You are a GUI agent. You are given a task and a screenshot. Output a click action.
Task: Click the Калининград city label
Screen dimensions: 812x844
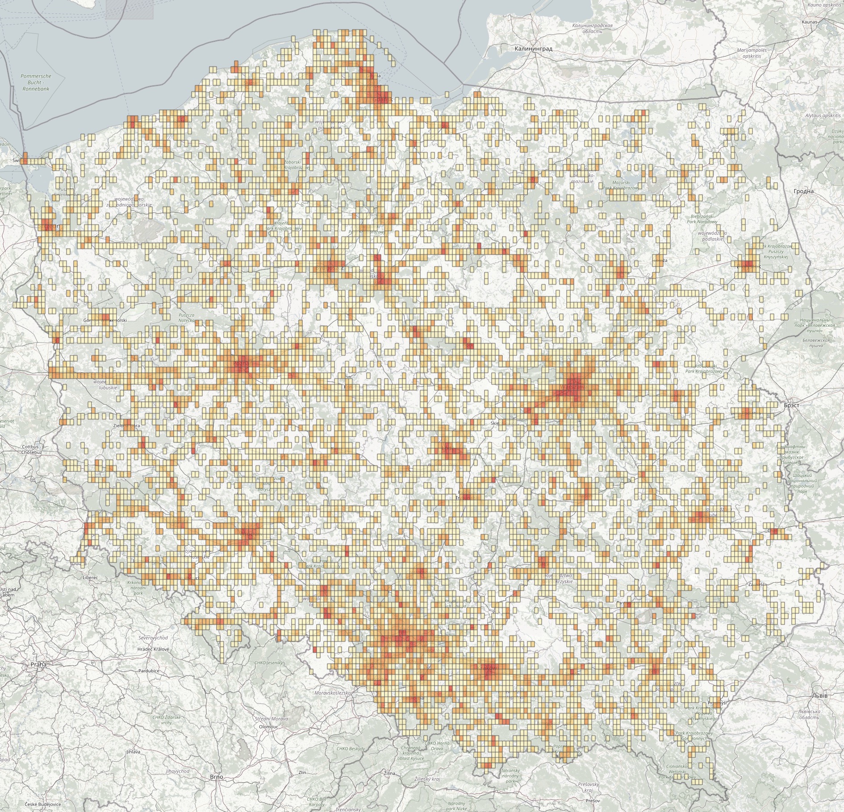pos(533,49)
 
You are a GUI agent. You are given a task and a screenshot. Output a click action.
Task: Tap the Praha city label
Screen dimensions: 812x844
pos(38,664)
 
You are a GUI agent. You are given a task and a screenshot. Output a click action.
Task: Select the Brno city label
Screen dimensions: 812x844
pos(216,777)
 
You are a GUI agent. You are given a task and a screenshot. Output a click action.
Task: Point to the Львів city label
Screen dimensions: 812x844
pos(820,695)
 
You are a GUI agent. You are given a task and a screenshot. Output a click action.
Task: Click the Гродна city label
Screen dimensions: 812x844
pos(803,191)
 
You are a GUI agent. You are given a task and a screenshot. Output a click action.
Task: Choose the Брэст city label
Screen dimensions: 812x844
pos(791,405)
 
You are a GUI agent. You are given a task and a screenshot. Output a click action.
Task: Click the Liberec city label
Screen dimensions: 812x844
pos(90,577)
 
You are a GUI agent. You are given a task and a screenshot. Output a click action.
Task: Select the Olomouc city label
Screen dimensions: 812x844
pos(268,726)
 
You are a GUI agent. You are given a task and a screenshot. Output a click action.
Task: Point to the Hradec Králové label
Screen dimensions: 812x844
pos(154,649)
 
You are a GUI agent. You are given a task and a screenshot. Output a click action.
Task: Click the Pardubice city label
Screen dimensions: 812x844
pos(149,671)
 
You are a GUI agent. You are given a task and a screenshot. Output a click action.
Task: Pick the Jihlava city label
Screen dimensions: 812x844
pos(133,752)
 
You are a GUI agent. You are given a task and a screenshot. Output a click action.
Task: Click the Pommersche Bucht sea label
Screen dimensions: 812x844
pos(36,82)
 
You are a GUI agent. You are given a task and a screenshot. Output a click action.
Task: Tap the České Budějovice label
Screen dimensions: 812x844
pos(43,804)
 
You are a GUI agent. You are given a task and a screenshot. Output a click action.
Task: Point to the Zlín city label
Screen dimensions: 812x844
pos(302,772)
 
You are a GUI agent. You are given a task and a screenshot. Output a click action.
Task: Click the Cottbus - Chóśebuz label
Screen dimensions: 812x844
pos(31,449)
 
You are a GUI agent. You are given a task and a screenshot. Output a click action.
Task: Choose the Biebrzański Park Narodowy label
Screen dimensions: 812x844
pos(702,219)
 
